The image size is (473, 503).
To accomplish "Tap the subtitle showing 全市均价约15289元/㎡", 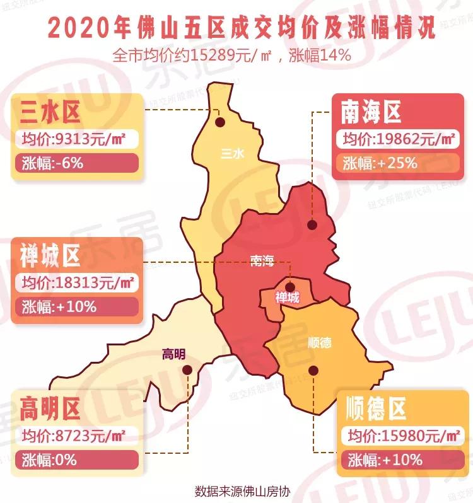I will coord(231,55).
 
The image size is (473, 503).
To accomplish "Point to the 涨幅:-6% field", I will coord(76,164).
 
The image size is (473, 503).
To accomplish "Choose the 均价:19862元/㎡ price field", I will coord(397,139).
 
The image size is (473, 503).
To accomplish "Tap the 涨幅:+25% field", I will coord(397,163).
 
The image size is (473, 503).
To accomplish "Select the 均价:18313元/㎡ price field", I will coord(76,282).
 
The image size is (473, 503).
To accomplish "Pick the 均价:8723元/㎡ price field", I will coord(76,436).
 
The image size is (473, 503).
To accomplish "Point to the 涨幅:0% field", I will coord(76,460).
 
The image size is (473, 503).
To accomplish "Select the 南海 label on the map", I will coord(261,262).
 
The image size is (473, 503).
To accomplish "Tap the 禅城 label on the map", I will coord(288,298).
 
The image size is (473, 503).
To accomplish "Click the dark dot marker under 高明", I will coord(186,371).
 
